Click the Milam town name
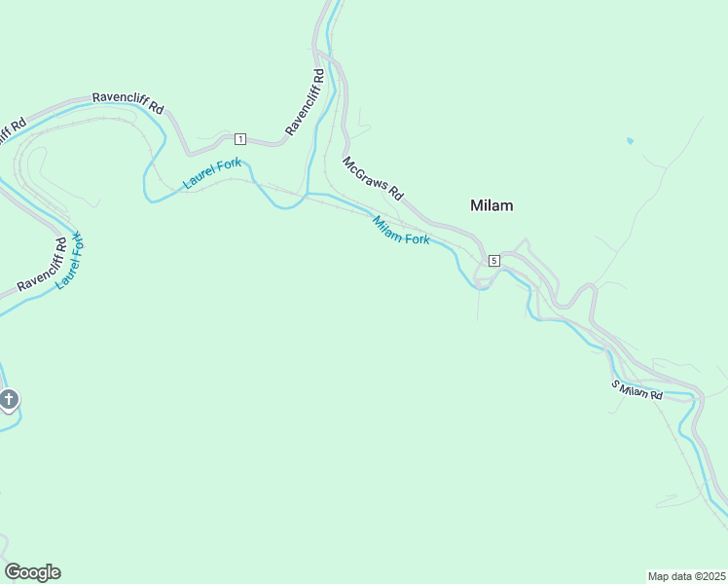491,205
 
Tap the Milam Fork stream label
401,231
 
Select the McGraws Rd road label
372,178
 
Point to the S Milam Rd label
637,390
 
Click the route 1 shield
240,138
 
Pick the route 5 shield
494,260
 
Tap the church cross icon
9,399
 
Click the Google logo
32,572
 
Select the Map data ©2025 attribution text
686,576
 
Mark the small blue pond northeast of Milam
630,141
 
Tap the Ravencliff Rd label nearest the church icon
42,266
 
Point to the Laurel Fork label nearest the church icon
70,260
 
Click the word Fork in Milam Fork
416,237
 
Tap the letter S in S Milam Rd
615,384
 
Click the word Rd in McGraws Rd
395,193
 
